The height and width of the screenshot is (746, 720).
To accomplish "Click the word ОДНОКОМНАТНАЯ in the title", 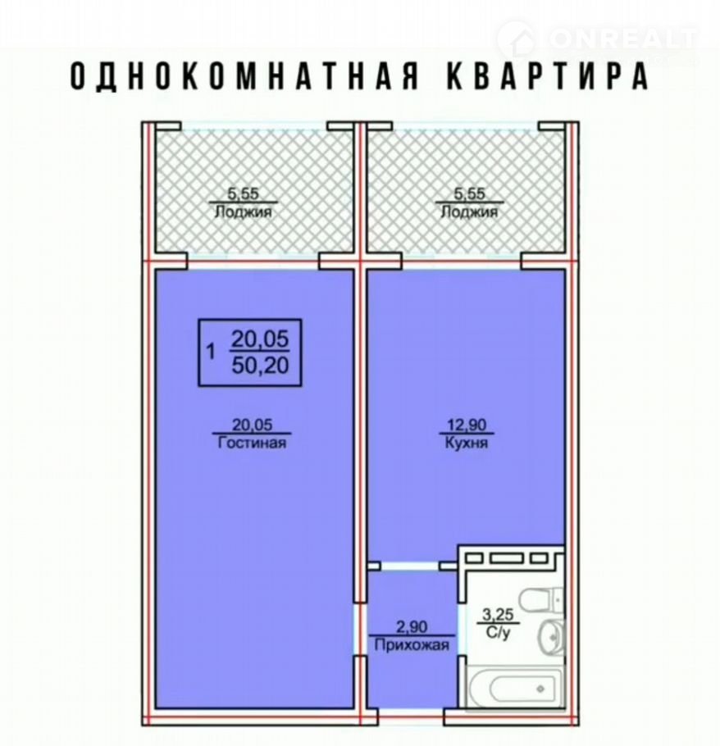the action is pyautogui.click(x=245, y=76).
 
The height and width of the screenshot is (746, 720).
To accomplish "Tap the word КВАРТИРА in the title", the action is pyautogui.click(x=548, y=76).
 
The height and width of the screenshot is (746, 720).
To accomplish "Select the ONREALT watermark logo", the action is pyautogui.click(x=597, y=38).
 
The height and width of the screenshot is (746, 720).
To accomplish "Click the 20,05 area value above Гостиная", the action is pyautogui.click(x=252, y=425).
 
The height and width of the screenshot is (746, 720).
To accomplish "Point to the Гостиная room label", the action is pyautogui.click(x=252, y=443).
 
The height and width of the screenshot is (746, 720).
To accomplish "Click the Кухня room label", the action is pyautogui.click(x=467, y=444).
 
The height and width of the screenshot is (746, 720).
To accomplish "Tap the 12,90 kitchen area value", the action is pyautogui.click(x=467, y=425).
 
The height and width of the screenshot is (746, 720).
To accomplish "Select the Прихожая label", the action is pyautogui.click(x=412, y=645).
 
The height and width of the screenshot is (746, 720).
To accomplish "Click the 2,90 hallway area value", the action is pyautogui.click(x=412, y=627).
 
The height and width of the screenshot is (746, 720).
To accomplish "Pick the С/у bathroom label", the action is pyautogui.click(x=499, y=633).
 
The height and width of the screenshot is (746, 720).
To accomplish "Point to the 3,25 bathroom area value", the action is pyautogui.click(x=499, y=615).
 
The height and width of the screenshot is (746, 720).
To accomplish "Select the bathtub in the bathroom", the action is pyautogui.click(x=515, y=688).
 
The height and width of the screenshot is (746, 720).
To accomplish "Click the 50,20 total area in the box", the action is pyautogui.click(x=260, y=366).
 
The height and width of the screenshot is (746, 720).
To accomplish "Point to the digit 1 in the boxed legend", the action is pyautogui.click(x=210, y=353).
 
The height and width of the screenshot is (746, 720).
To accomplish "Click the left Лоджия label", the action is pyautogui.click(x=243, y=212).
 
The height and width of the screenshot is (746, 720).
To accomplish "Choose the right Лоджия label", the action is pyautogui.click(x=469, y=212).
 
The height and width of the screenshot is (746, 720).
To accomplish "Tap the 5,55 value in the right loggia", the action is pyautogui.click(x=469, y=193).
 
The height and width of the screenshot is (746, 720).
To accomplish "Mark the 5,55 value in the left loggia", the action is pyautogui.click(x=243, y=193).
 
